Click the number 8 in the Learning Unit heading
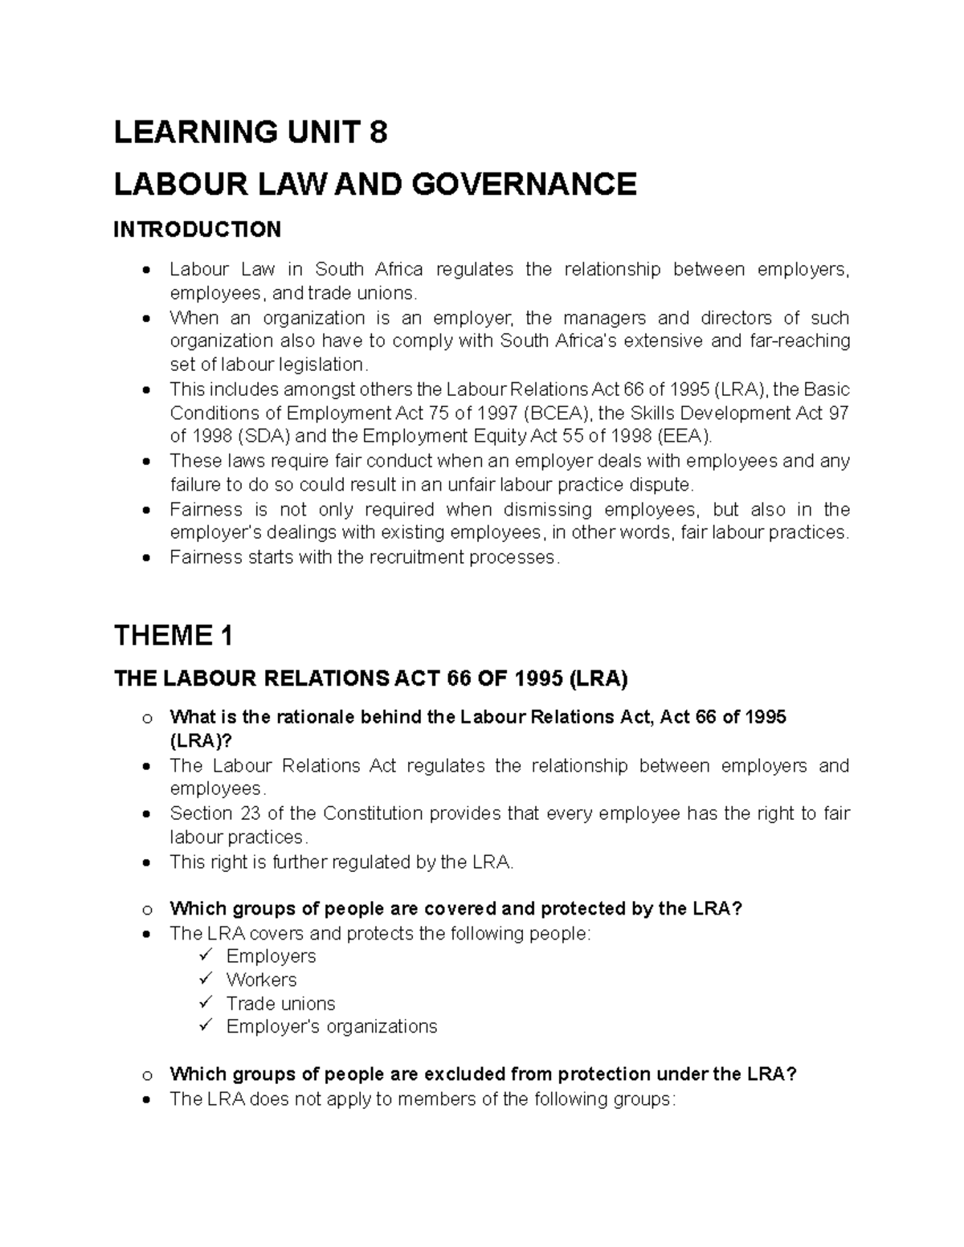(x=378, y=132)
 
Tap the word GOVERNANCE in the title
(x=525, y=185)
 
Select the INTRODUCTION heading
(x=197, y=230)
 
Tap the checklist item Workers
(x=261, y=980)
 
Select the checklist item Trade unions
(x=280, y=1004)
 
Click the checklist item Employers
(x=271, y=956)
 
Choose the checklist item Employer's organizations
(x=331, y=1027)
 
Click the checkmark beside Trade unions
(x=207, y=1003)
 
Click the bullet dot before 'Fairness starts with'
(x=145, y=558)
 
